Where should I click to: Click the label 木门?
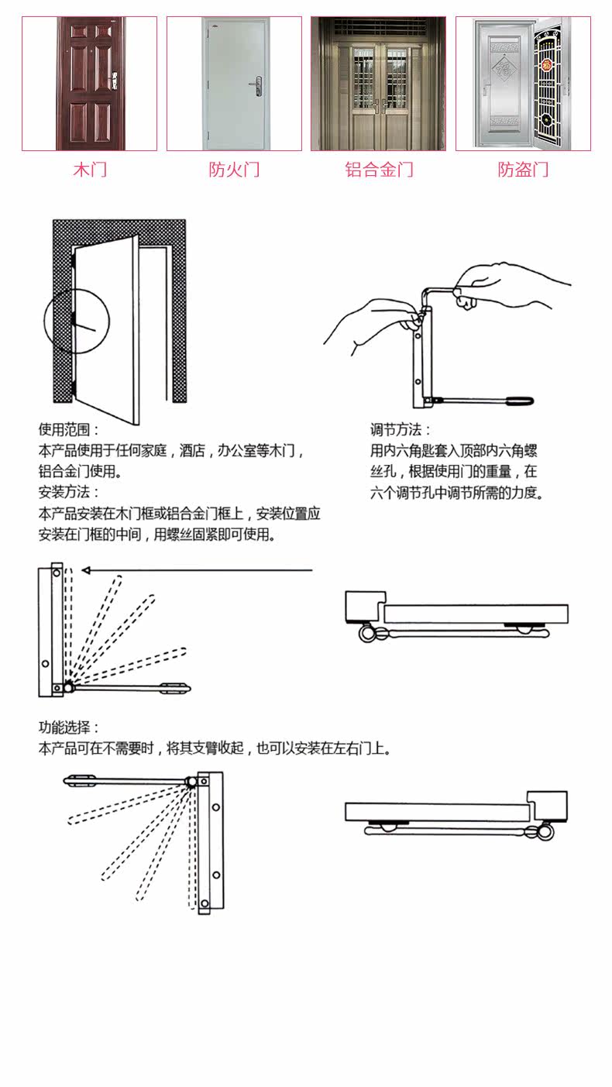pos(90,170)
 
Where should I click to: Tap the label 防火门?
pos(234,170)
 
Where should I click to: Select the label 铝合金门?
pos(379,170)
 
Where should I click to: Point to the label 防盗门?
pos(523,170)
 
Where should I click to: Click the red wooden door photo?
pos(90,84)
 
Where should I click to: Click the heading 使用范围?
pos(68,429)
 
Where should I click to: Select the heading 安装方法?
pos(68,492)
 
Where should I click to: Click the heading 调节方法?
pos(401,429)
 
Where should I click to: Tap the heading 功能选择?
pos(68,728)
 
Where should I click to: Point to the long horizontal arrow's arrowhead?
pos(87,570)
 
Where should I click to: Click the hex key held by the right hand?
pos(439,291)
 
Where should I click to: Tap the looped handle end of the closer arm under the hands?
pos(521,401)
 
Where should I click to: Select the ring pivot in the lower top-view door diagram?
pos(545,832)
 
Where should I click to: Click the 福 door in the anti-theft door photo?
pos(504,84)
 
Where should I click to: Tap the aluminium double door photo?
pos(379,84)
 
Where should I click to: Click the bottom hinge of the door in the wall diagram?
pos(74,387)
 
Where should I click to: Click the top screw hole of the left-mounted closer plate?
pos(57,573)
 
